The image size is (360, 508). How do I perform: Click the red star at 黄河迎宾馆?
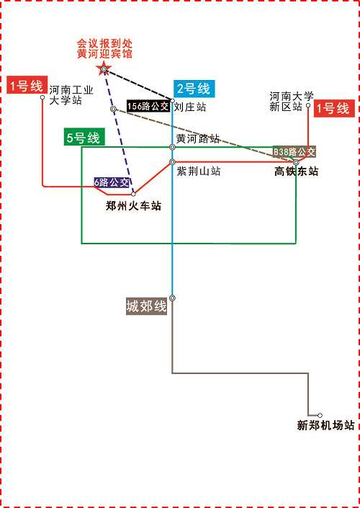tap(104, 68)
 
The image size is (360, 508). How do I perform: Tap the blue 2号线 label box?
tap(194, 89)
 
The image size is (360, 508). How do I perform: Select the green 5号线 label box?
tap(84, 138)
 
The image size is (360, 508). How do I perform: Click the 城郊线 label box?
tap(147, 306)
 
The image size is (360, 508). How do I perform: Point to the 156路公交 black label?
tap(148, 106)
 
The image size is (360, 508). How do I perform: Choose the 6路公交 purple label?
tap(112, 183)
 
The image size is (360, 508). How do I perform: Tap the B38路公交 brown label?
tap(294, 152)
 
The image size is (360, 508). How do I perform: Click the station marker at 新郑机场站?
tap(320, 415)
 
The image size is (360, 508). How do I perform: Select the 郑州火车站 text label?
tap(133, 206)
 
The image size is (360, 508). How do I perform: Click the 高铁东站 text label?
tap(296, 171)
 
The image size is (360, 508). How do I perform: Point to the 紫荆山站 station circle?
tap(173, 161)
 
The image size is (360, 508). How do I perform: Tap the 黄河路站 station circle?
tap(173, 147)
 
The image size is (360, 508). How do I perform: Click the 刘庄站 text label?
tap(190, 107)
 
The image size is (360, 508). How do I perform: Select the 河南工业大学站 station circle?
tap(42, 97)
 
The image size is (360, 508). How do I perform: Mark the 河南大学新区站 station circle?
tap(308, 105)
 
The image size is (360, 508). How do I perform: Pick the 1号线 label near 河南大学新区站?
tap(334, 108)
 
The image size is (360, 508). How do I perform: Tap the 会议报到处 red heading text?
tap(104, 44)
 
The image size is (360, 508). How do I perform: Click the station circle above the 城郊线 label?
tap(173, 298)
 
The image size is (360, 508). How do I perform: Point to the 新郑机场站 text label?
tap(326, 425)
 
